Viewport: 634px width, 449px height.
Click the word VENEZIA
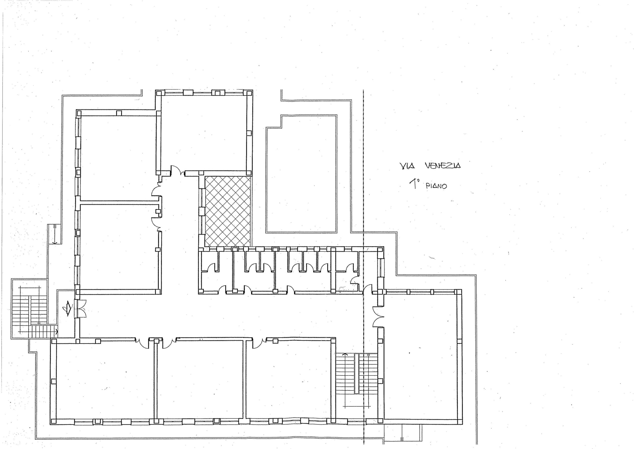coord(443,166)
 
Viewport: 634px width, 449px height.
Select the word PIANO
coord(436,186)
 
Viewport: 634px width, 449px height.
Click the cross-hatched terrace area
coord(228,211)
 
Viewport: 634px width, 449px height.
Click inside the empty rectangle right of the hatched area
coord(301,177)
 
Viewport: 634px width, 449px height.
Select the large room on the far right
coord(420,357)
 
